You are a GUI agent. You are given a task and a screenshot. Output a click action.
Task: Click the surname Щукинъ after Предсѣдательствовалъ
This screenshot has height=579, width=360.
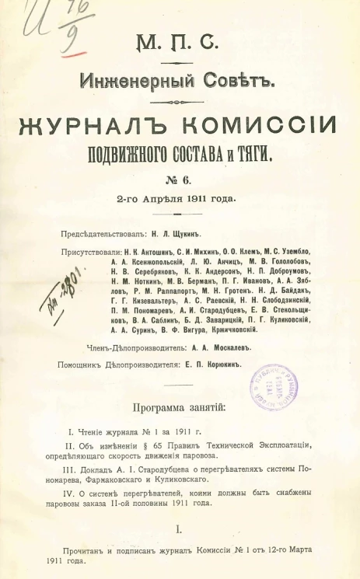point(193,232)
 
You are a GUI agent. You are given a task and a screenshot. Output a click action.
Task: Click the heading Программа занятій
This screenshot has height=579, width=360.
point(179,406)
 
